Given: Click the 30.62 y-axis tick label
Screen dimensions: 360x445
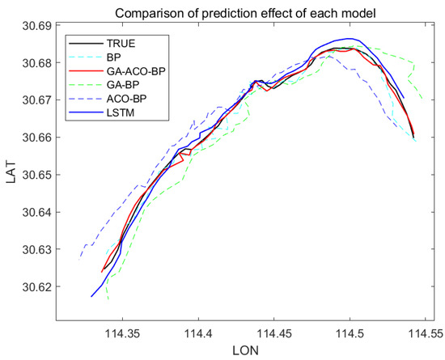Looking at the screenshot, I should (x=36, y=287).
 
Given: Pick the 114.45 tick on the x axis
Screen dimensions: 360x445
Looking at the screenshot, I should (x=274, y=332).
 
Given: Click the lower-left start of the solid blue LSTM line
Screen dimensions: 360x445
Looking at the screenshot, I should (x=91, y=297).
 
